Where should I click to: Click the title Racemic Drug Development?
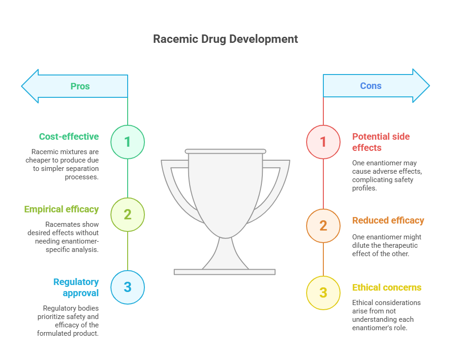point(225,39)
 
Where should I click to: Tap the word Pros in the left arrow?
point(80,86)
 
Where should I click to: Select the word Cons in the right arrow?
point(371,86)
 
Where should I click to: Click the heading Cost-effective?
point(69,136)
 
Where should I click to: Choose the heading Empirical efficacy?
point(61,209)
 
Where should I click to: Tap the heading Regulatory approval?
point(76,287)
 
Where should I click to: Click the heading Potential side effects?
point(381,142)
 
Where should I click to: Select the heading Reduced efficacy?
point(388,221)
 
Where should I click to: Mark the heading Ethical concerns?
point(387,287)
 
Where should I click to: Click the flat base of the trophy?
point(225,272)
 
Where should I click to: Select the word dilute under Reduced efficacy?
point(361,245)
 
